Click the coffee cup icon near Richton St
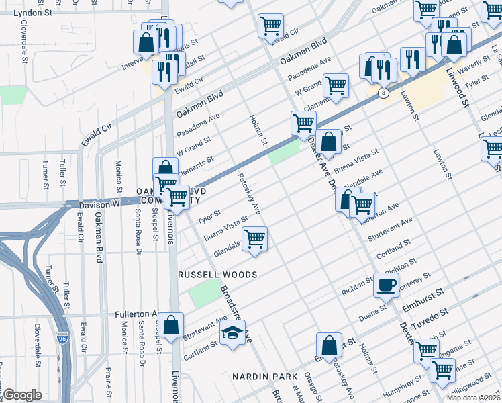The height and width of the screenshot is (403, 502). pyautogui.click(x=386, y=285)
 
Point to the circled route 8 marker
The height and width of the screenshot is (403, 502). pyautogui.click(x=382, y=93)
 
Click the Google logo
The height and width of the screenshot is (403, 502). pyautogui.click(x=22, y=395)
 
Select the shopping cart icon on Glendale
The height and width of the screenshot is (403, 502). pyautogui.click(x=254, y=240)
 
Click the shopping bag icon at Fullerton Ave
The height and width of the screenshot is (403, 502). pyautogui.click(x=172, y=326)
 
